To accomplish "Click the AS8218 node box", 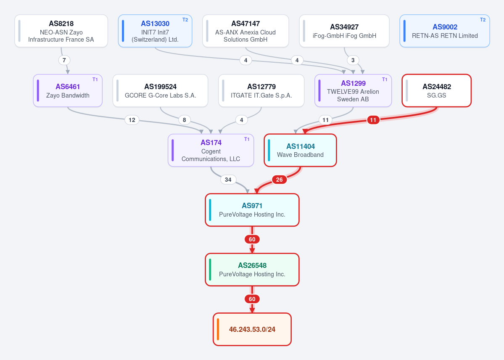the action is coord(61,31).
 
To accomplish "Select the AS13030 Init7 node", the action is coord(155,31).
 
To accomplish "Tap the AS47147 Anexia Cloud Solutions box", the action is coord(245,31).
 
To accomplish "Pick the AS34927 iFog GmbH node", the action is coord(344,31).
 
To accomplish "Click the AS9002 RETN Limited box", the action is coord(445,31).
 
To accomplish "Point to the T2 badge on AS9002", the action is coord(483,20).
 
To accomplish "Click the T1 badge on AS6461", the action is coord(95,79).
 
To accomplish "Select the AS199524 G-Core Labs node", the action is coord(161,91).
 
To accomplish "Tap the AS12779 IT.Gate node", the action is coord(261,91).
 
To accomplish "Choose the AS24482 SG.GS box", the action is coord(436,91).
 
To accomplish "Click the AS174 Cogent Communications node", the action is coord(211,150).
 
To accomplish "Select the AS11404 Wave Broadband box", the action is coord(300,150).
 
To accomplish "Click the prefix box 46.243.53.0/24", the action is coord(252,329).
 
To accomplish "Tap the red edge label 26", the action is coord(279,180).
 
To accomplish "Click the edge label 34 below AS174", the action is coord(228,180).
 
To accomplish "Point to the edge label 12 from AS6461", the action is coord(132,120).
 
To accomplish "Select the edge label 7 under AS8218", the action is coord(64,60).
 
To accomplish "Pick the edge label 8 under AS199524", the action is coord(184,120).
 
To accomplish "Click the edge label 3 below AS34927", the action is coord(353,60).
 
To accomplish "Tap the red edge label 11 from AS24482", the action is coord(373,120).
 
